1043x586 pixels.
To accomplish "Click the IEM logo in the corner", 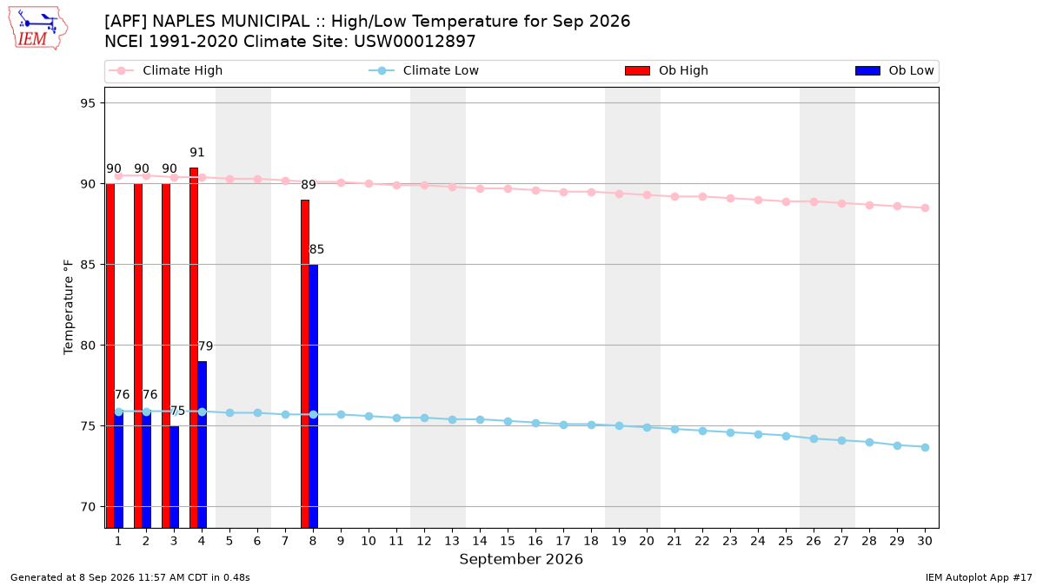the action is [37, 29].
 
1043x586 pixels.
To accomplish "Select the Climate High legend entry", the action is [165, 70].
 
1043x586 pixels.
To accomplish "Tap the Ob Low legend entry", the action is [894, 70].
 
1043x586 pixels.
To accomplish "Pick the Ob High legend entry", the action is [667, 70].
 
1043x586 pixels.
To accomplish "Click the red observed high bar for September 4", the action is [194, 348].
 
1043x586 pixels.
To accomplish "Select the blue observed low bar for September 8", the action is [314, 396].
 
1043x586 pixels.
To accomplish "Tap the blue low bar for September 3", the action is [174, 477].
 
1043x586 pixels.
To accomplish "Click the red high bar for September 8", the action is [305, 364].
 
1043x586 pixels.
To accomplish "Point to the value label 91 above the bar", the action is [197, 153].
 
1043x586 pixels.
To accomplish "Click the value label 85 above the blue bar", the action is [316, 249].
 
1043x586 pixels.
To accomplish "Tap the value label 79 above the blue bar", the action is [205, 346].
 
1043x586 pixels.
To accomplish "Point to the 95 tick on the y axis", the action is [88, 103].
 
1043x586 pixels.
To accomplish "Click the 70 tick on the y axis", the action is [88, 507].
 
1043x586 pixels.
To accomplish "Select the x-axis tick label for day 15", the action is [508, 541].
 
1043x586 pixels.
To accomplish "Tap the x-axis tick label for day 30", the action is [925, 541].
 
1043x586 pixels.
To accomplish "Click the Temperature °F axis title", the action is [69, 307].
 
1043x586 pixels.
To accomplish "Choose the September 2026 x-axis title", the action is [521, 559].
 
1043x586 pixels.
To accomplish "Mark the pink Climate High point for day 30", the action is [925, 207].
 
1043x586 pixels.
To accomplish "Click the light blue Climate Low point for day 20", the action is [647, 427].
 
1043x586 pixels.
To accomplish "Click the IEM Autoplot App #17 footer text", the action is [979, 577].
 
